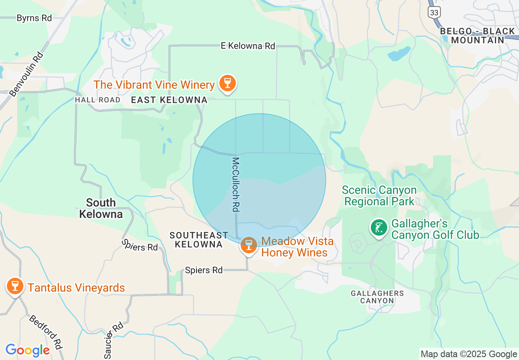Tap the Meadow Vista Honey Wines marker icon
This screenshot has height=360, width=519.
pos(248,245)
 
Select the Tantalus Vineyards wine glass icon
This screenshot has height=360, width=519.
pos(15,286)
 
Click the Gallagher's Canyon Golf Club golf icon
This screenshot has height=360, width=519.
pos(379,228)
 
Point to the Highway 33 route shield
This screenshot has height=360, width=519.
pos(434,12)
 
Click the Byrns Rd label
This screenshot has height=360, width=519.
pos(34,18)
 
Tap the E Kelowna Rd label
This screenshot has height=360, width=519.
pos(248,46)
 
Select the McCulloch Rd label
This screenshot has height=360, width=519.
pos(235,184)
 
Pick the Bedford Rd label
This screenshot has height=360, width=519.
pos(45,332)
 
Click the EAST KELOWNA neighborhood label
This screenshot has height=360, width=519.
pos(169,100)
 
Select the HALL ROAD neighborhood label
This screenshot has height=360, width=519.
pos(98,100)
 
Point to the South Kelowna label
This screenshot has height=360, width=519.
pos(101,208)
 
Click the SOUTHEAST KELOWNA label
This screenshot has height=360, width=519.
pos(199,240)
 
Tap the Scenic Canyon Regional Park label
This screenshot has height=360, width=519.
pos(379,196)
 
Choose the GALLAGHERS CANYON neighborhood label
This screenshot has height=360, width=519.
pos(377,297)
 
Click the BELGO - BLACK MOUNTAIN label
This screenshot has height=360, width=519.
pos(477,36)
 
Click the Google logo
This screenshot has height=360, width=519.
pos(27,350)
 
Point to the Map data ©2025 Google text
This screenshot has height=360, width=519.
pos(469,354)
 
